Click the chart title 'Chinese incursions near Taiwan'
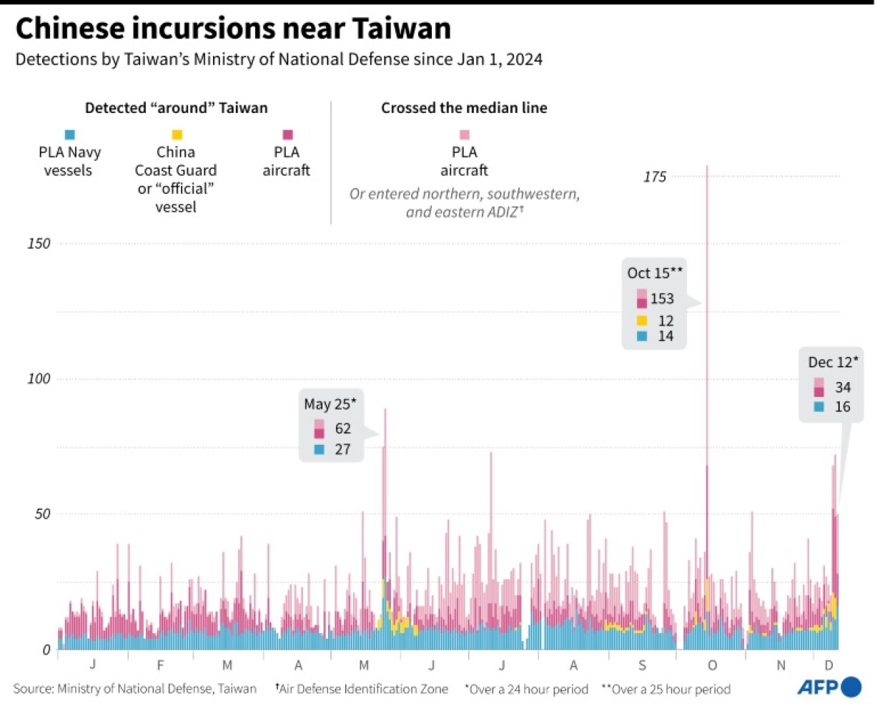(x=233, y=29)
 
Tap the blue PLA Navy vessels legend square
(x=69, y=134)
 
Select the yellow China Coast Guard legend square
(x=177, y=134)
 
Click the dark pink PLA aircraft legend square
(x=287, y=134)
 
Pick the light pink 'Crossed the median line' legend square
(x=465, y=134)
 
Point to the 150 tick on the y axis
(x=39, y=243)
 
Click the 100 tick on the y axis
(x=39, y=378)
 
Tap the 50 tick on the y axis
(x=43, y=514)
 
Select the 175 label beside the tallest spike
(x=654, y=177)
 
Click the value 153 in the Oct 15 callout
(x=662, y=298)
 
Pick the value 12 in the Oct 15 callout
(x=666, y=320)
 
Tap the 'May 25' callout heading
(x=330, y=404)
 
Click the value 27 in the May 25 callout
(x=342, y=449)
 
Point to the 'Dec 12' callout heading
(x=833, y=362)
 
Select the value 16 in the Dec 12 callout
(x=843, y=406)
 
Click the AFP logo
(x=829, y=687)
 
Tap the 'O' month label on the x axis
(x=712, y=665)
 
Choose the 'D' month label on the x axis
(x=829, y=665)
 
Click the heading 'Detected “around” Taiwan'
(x=176, y=108)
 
